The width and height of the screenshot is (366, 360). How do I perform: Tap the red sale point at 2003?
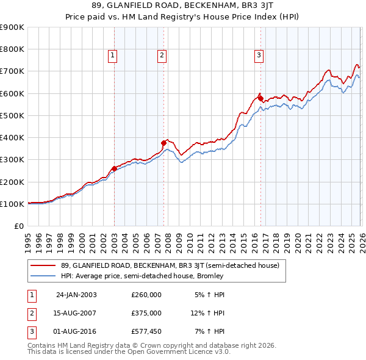tap(115, 169)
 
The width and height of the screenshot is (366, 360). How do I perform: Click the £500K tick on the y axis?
tap(12, 115)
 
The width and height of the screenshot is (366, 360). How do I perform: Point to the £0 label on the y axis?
tap(18, 226)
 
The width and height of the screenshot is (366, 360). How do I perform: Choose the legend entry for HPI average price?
tap(142, 276)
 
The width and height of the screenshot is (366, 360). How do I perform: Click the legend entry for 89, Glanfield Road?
tap(169, 265)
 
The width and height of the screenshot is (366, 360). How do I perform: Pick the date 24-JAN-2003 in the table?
tap(76, 294)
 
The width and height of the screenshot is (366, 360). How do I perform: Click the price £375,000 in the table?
tap(146, 313)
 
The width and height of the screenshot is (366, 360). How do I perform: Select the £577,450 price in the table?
tap(146, 332)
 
